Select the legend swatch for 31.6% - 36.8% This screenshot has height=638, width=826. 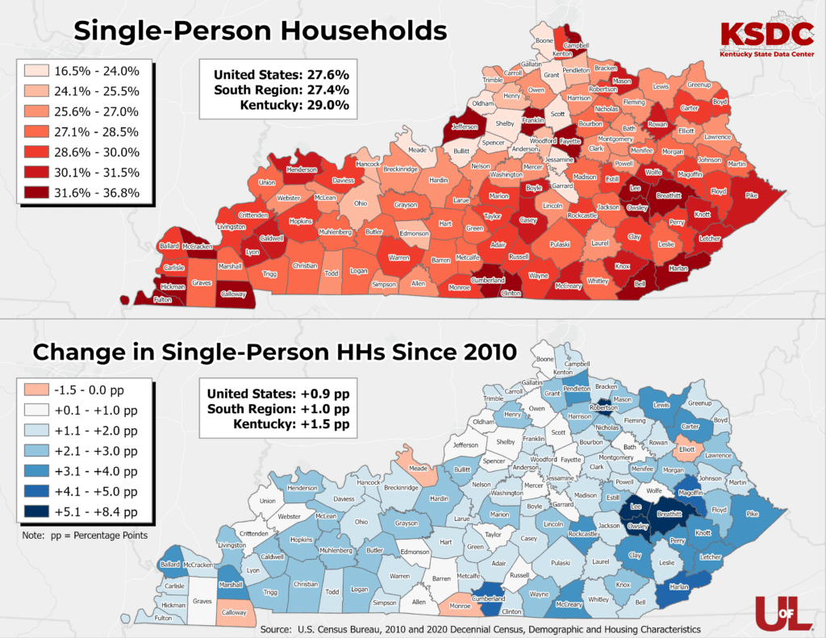33,193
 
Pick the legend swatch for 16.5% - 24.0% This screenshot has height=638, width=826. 33,71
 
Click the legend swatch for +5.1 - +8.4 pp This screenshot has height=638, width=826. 33,511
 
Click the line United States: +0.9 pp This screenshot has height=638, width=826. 277,394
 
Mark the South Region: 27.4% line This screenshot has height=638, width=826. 281,90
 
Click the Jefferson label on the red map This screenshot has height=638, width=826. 463,127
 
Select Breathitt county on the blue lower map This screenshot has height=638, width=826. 670,514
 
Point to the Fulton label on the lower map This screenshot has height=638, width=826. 163,618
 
